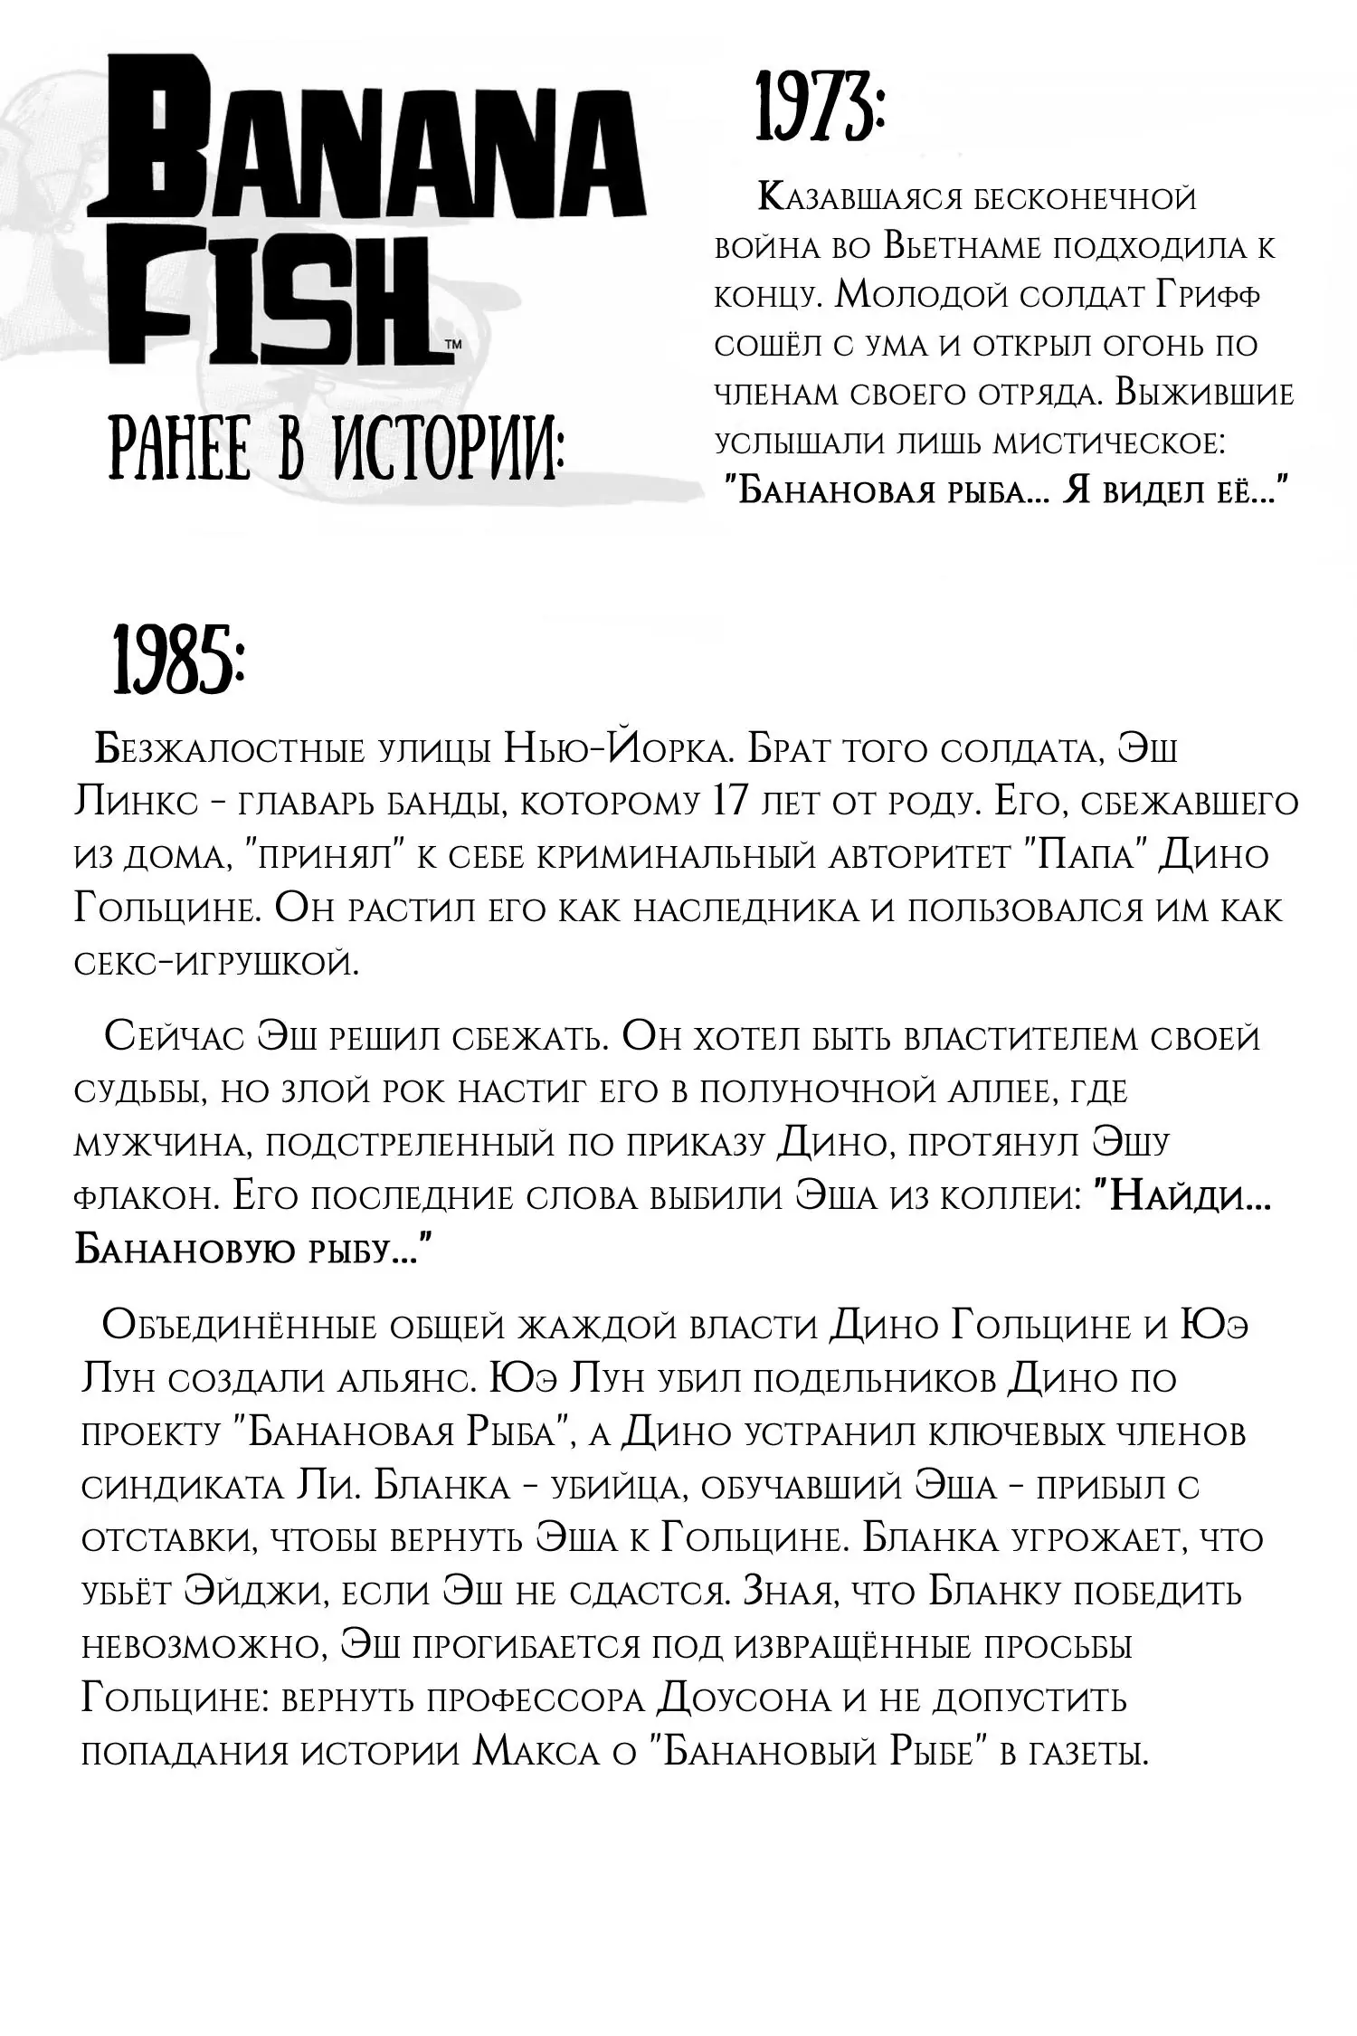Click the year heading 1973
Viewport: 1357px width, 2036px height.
(x=820, y=113)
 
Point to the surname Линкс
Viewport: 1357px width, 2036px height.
(x=135, y=804)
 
